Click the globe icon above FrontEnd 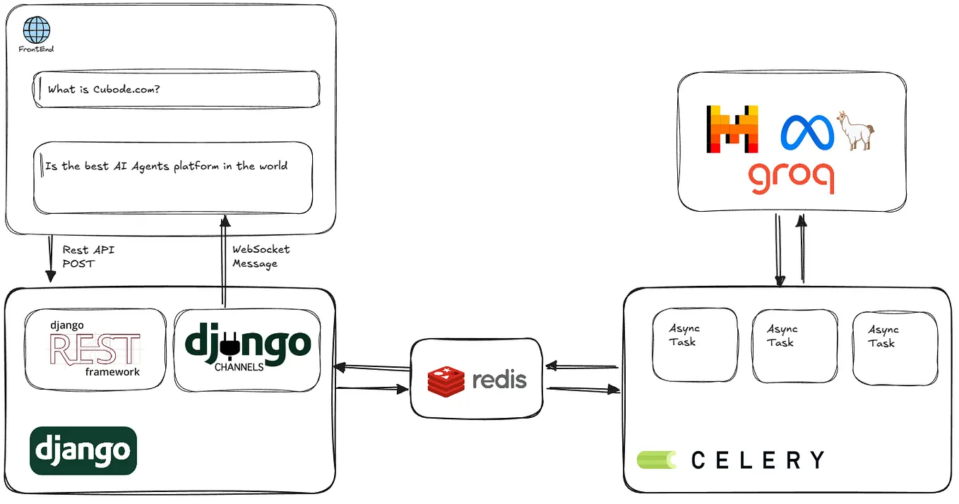[x=37, y=30]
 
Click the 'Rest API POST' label [x=88, y=256]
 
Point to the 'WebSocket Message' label [x=261, y=256]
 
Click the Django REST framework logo [x=95, y=348]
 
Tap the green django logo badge [x=83, y=450]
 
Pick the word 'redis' [x=499, y=380]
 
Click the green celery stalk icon [x=657, y=460]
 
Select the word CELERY [x=757, y=461]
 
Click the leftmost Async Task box [x=694, y=344]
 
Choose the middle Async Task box [x=794, y=345]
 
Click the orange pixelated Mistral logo [x=732, y=128]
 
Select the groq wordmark [x=790, y=176]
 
